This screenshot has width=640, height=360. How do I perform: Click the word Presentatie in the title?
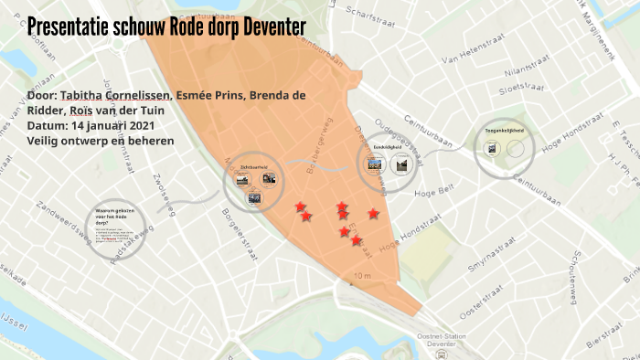pyautogui.click(x=70, y=26)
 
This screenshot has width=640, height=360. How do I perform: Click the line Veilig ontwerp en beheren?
pyautogui.click(x=101, y=140)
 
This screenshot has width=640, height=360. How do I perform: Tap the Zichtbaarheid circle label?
pyautogui.click(x=253, y=167)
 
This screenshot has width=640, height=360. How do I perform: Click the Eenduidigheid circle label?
pyautogui.click(x=388, y=146)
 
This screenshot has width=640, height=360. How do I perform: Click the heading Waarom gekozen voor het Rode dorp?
pyautogui.click(x=115, y=217)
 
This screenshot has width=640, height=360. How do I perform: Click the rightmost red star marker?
pyautogui.click(x=373, y=214)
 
